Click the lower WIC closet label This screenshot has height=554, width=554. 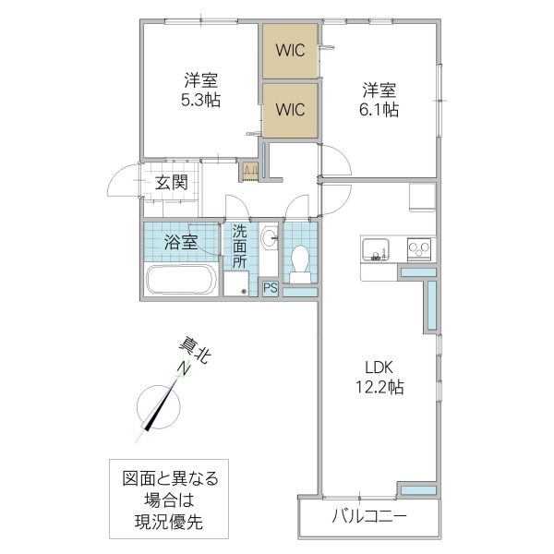[290, 109]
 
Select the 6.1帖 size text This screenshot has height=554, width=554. [379, 110]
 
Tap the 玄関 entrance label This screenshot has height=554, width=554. [171, 182]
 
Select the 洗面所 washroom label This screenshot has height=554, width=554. [240, 247]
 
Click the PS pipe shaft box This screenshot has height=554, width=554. [271, 288]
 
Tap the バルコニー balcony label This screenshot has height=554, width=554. [369, 516]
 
